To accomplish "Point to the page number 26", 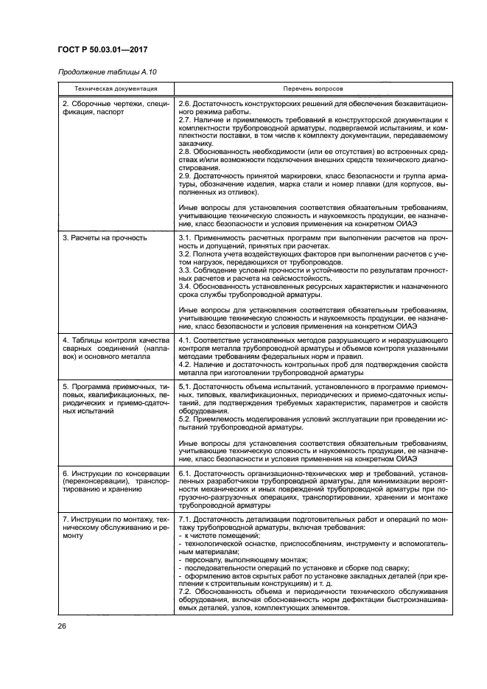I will (x=62, y=626).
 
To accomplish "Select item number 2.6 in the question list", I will (x=186, y=104).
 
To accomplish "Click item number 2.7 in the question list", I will (x=186, y=119).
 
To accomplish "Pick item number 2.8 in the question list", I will (x=186, y=151).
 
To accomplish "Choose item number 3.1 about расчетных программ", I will (x=186, y=237).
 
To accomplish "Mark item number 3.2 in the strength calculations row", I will (x=186, y=253).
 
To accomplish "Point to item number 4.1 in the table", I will (x=186, y=339).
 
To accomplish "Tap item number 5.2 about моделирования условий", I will (x=186, y=418).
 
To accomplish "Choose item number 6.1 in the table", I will (x=186, y=472).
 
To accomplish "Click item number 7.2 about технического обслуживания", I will (x=186, y=591).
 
